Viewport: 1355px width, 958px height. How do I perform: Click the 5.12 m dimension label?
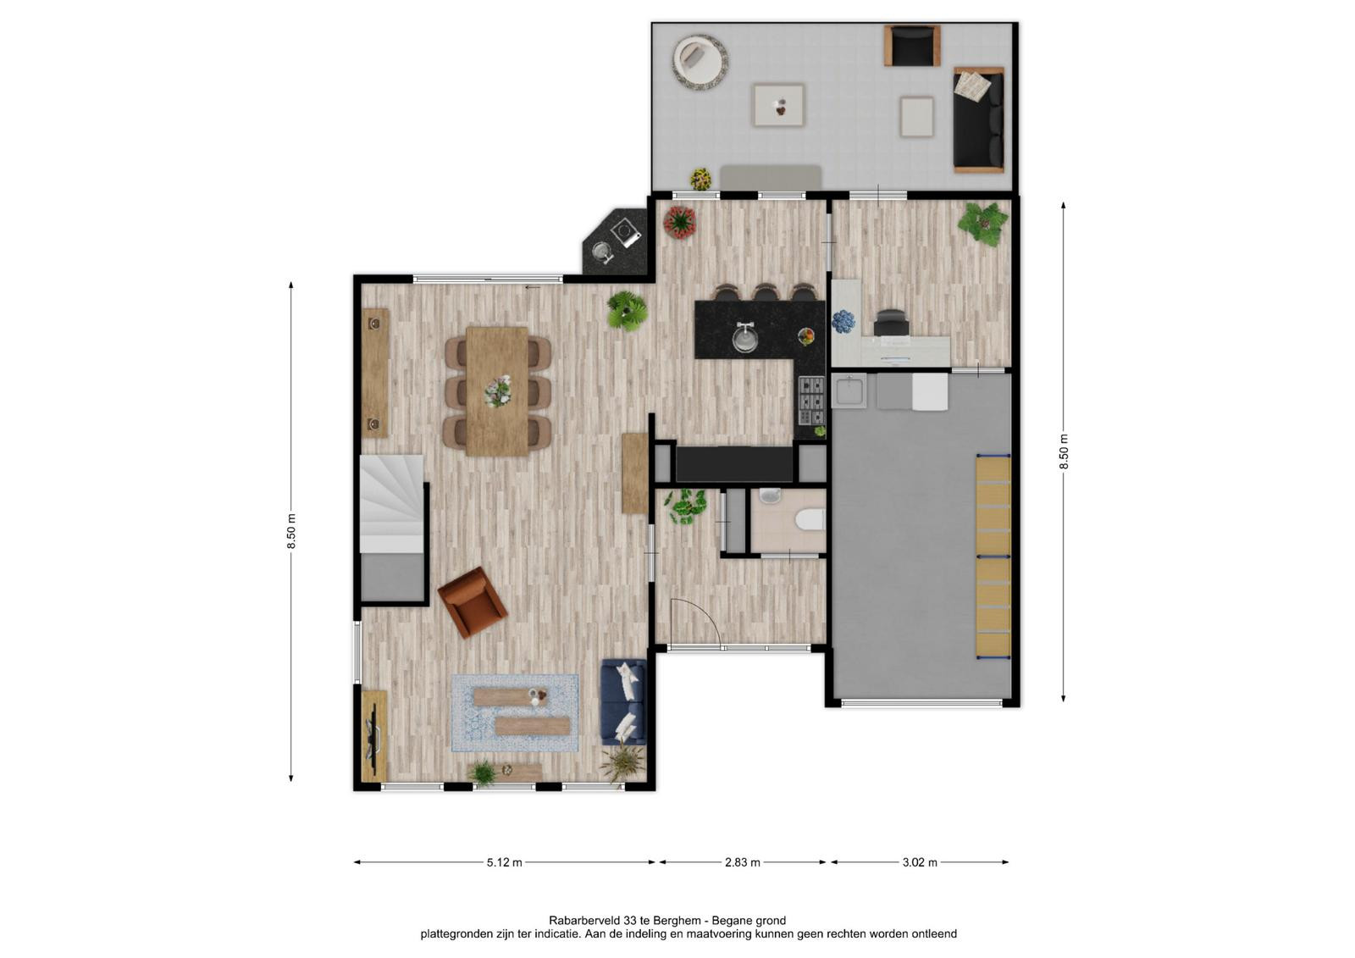[x=504, y=862]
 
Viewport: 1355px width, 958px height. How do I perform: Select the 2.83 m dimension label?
[x=742, y=862]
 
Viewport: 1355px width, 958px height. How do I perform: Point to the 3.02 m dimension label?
[x=920, y=862]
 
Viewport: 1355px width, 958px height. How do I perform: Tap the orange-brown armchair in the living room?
[x=473, y=602]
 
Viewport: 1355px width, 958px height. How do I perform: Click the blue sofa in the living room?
[x=623, y=702]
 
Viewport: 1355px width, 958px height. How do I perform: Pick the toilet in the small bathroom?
[x=810, y=520]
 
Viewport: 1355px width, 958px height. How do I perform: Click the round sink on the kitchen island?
[x=744, y=336]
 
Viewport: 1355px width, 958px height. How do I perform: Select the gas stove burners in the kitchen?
[x=812, y=400]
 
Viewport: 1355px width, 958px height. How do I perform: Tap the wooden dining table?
[x=496, y=391]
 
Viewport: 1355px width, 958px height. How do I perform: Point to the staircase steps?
[x=391, y=503]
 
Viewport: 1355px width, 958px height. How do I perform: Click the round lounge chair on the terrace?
[x=700, y=62]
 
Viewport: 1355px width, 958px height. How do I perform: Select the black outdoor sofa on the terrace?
[x=978, y=119]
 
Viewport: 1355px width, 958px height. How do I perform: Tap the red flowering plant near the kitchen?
[x=680, y=221]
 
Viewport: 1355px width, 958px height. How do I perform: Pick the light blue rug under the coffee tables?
[x=515, y=713]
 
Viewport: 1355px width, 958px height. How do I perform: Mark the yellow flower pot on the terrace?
[x=701, y=179]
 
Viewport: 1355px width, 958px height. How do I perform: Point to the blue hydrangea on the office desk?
[x=843, y=321]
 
